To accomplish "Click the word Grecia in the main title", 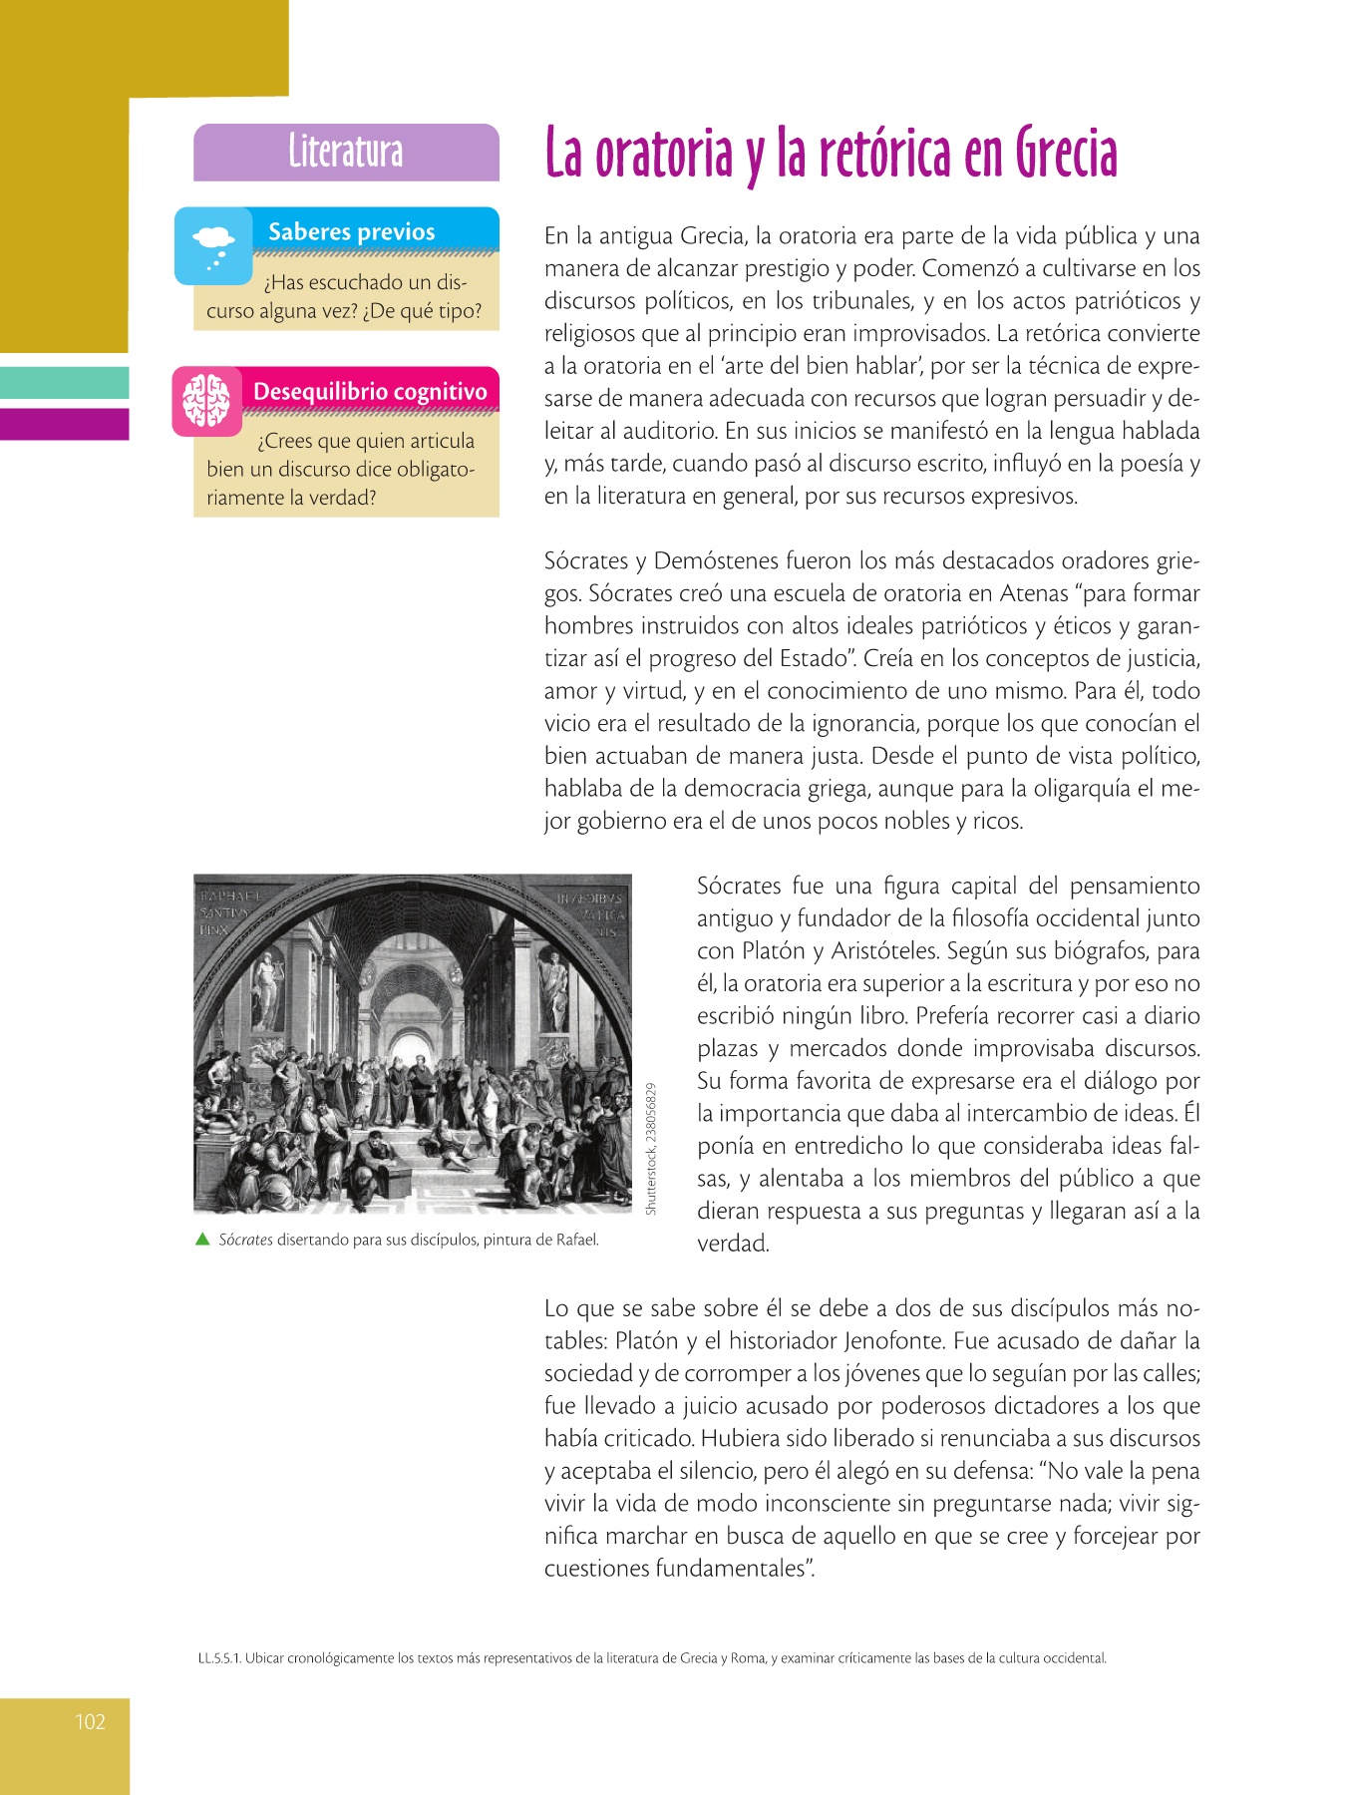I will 1066,155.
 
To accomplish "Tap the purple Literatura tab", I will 346,152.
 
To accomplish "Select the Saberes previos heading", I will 351,231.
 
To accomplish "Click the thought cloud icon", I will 213,245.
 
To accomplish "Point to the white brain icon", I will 206,401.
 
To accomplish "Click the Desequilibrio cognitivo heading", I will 370,391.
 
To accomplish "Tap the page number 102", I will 90,1721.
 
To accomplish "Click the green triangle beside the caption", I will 202,1240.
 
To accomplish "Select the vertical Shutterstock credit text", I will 651,1148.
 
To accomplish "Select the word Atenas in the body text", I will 1033,593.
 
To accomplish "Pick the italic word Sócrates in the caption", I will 245,1241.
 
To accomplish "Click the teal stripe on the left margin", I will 65,383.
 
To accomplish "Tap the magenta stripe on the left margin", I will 65,424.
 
